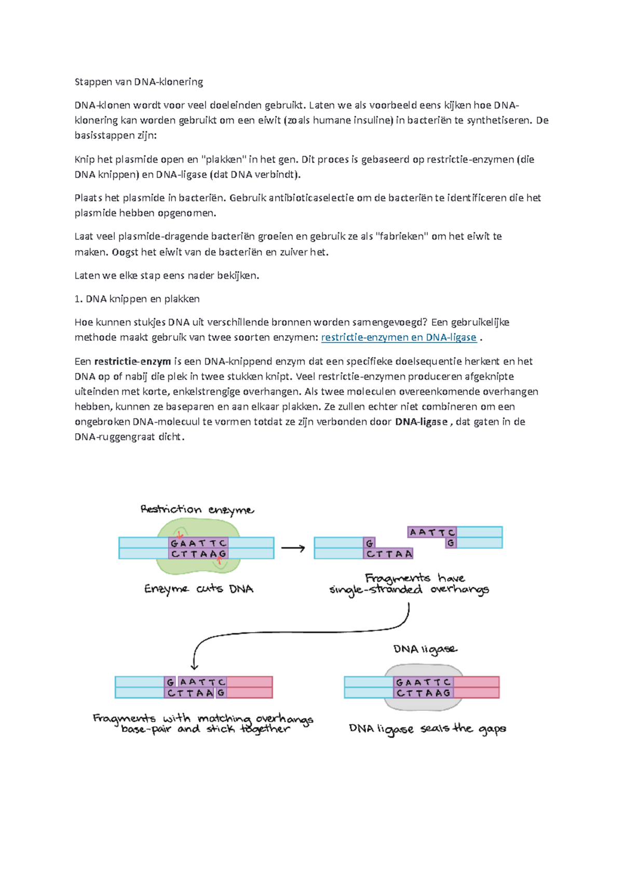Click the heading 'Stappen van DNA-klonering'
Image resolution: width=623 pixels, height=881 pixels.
(139, 82)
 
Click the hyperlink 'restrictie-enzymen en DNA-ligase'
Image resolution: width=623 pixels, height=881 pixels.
(399, 337)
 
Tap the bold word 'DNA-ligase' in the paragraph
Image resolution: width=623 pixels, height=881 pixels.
(421, 422)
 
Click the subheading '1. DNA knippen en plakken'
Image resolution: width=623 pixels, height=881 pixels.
(137, 299)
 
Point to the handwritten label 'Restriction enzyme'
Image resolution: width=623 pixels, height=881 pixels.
(197, 510)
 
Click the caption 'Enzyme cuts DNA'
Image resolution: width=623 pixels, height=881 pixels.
(199, 589)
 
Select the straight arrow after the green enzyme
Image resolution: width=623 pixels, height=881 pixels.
(293, 548)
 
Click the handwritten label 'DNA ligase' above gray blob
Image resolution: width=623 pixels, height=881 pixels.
(425, 649)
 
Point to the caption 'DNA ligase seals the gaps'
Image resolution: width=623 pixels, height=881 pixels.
(427, 729)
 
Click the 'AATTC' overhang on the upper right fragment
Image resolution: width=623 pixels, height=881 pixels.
(432, 532)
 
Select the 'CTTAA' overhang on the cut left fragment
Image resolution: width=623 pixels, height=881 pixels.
(389, 554)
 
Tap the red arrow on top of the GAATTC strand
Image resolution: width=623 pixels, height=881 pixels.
(180, 535)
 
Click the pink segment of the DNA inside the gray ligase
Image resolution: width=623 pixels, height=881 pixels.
(476, 687)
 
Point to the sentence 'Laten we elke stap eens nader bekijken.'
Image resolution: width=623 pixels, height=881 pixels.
(167, 276)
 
